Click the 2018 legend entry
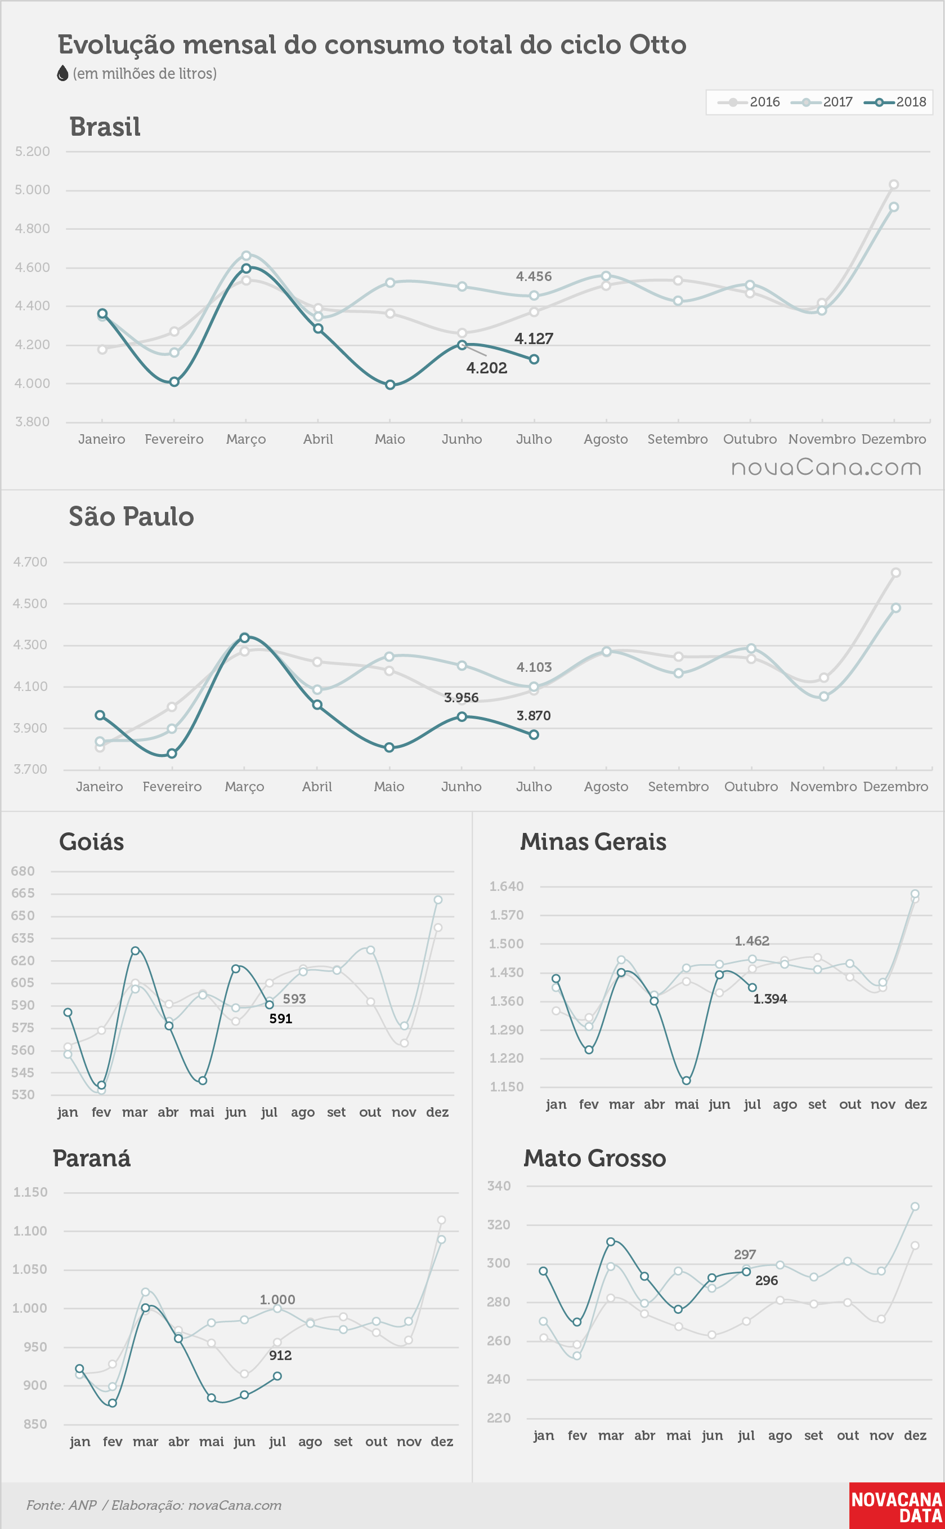pos(895,102)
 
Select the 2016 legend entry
pos(749,102)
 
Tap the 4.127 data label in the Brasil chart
pos(534,339)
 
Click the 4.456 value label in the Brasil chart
pos(534,277)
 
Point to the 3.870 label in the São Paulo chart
pos(534,715)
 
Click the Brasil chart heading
pos(105,127)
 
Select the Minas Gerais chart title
pos(593,842)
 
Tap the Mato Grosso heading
pos(595,1159)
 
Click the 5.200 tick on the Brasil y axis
pos(33,151)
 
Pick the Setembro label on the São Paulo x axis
pos(678,787)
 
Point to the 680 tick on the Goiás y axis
pos(23,871)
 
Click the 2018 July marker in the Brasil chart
pos(534,359)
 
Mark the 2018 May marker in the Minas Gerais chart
pos(686,1081)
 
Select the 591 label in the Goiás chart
pos(281,1019)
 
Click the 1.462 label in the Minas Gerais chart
pos(752,941)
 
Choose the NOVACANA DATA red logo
pos(897,1506)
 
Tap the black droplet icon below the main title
pos(62,74)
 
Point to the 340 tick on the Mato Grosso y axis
pos(499,1185)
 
